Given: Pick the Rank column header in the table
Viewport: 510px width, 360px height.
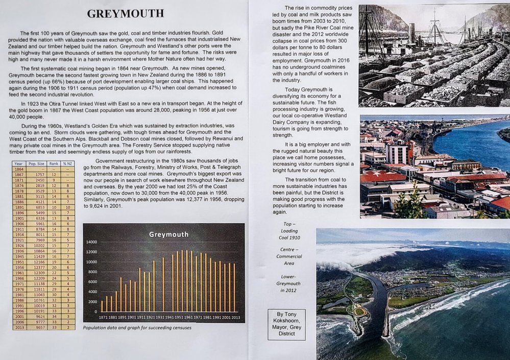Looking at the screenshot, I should click(54, 163).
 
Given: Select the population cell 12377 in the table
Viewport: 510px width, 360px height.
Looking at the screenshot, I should click(39, 267).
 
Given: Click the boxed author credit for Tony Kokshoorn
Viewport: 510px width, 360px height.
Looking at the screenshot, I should click(286, 324).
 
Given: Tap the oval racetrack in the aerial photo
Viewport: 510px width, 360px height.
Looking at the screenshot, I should click(360, 311).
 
